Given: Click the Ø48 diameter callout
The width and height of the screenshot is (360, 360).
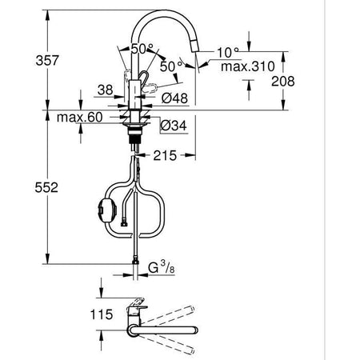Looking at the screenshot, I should point(174,98).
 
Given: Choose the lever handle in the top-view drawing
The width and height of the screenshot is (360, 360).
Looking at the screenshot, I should point(138,306).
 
